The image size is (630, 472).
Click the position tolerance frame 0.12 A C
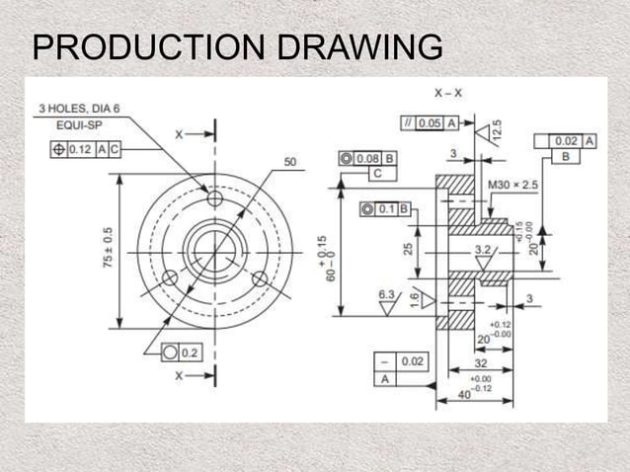tap(86, 149)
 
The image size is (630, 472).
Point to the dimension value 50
tap(290, 161)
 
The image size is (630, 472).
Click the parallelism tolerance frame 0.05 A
tap(430, 123)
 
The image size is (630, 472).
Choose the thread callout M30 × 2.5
tap(512, 185)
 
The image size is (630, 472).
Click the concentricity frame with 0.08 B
tap(367, 157)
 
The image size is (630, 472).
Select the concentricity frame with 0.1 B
tap(386, 209)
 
